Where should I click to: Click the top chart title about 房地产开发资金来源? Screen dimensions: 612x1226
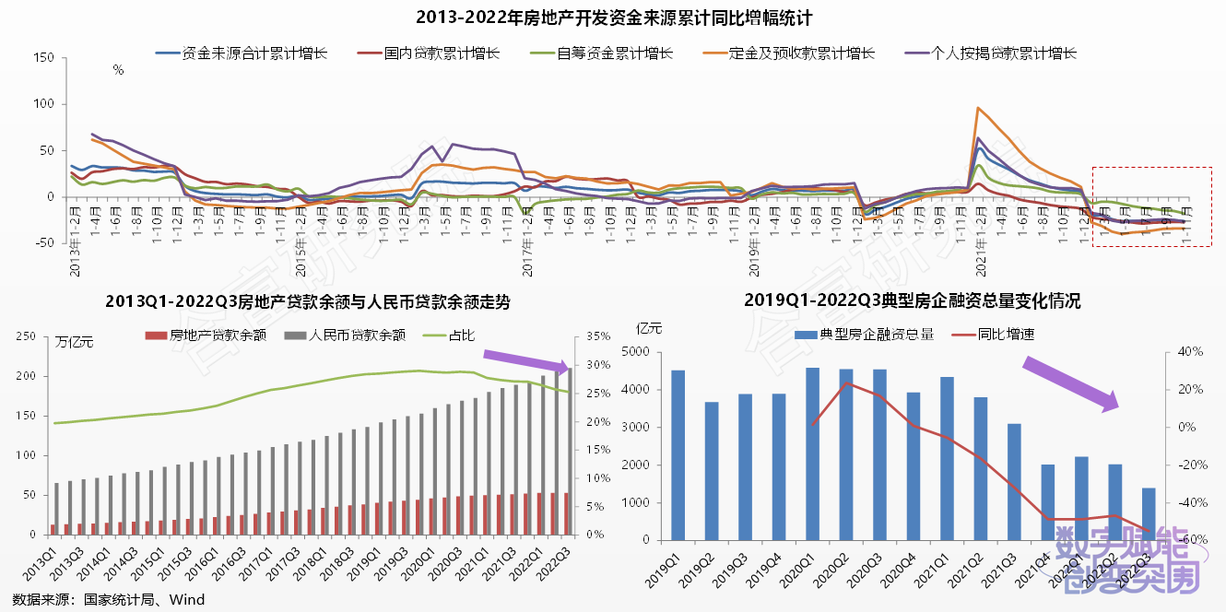[x=613, y=18]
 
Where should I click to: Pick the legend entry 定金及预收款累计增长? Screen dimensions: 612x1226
[x=801, y=53]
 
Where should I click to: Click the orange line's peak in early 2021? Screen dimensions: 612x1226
[x=977, y=108]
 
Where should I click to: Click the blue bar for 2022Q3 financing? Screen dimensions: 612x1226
[x=1149, y=513]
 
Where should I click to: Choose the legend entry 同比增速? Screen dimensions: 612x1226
[x=1004, y=334]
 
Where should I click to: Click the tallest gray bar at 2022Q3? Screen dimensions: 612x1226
[x=569, y=451]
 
